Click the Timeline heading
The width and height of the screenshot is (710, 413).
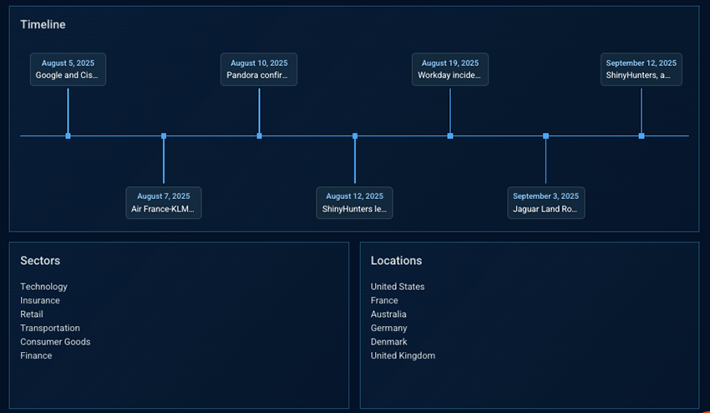[x=43, y=25]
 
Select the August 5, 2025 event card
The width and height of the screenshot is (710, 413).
[x=68, y=69]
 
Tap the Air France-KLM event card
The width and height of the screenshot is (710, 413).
[x=164, y=202]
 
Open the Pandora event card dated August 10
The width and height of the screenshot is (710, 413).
[x=259, y=69]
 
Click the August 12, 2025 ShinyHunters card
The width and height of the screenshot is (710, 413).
[x=355, y=202]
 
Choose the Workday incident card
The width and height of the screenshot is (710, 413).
[x=450, y=69]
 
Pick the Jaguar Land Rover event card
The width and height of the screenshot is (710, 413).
[x=546, y=202]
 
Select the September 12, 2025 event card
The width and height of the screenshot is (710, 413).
[x=642, y=69]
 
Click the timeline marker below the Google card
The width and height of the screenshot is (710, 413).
[x=68, y=135]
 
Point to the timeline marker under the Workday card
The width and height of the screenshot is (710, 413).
[x=450, y=135]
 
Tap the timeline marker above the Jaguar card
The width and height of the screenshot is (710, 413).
[x=546, y=135]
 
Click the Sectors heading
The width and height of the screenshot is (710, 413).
[x=40, y=261]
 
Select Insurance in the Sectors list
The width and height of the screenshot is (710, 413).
[x=40, y=300]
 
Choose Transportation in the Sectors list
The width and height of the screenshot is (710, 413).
[x=50, y=328]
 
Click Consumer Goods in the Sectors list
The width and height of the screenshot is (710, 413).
[x=55, y=342]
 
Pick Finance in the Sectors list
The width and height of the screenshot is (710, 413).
[x=36, y=355]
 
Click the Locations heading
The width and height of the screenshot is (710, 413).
[x=396, y=261]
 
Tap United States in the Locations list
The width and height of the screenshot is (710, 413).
[x=398, y=287]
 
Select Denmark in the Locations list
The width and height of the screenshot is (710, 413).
[x=389, y=342]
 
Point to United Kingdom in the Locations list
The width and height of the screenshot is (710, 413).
[x=403, y=355]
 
